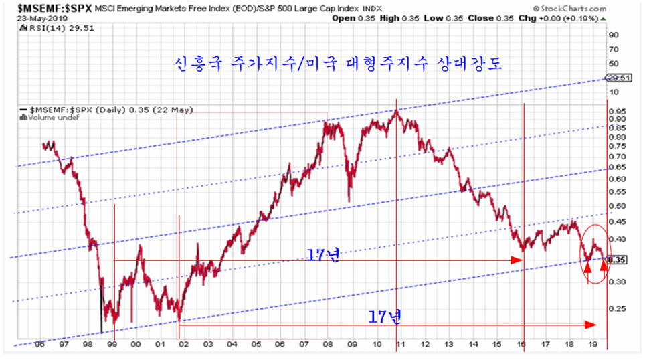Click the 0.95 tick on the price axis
point(617,111)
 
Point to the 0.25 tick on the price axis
point(617,309)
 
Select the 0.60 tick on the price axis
point(617,179)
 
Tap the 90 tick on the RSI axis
point(613,35)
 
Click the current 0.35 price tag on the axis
point(618,260)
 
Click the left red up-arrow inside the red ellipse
point(587,269)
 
